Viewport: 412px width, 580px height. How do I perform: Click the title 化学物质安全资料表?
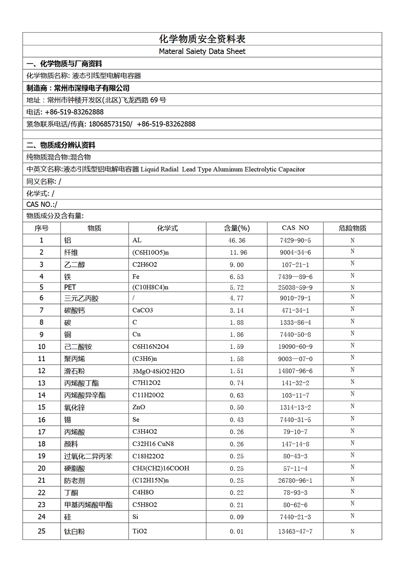pyautogui.click(x=202, y=39)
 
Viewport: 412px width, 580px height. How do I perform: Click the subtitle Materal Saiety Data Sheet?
pyautogui.click(x=202, y=52)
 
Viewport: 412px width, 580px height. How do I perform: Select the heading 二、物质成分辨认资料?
pyautogui.click(x=61, y=145)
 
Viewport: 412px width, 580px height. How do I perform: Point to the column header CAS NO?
pyautogui.click(x=295, y=228)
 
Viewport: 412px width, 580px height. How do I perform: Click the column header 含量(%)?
pyautogui.click(x=236, y=228)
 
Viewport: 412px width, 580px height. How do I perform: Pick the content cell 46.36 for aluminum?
pyautogui.click(x=236, y=240)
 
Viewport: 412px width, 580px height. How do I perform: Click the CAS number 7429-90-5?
pyautogui.click(x=295, y=240)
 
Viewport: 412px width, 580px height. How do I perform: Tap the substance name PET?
pyautogui.click(x=70, y=287)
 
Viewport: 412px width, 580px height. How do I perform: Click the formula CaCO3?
pyautogui.click(x=143, y=310)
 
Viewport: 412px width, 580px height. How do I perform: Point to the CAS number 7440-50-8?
pyautogui.click(x=295, y=335)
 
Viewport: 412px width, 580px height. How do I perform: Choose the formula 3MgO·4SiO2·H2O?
pyautogui.click(x=158, y=371)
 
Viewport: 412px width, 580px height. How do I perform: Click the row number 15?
pyautogui.click(x=42, y=407)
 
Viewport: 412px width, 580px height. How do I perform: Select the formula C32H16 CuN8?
pyautogui.click(x=153, y=444)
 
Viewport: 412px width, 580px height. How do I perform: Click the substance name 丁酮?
pyautogui.click(x=71, y=493)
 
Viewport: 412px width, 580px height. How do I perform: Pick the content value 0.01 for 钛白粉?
pyautogui.click(x=236, y=532)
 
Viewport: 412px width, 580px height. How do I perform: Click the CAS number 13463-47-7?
pyautogui.click(x=295, y=532)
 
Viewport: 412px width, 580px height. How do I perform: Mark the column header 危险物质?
pyautogui.click(x=352, y=228)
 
